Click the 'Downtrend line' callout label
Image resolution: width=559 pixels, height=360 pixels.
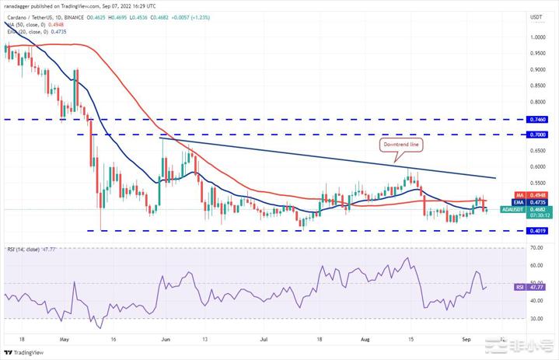pos(401,145)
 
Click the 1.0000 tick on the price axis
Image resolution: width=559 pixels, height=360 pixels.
pos(536,37)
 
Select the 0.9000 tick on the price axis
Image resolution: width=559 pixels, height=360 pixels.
pos(536,69)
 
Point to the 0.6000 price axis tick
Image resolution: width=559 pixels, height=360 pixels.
pos(536,166)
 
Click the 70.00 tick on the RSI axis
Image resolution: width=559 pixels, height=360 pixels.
pos(536,248)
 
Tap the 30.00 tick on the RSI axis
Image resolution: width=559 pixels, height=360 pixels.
pos(536,319)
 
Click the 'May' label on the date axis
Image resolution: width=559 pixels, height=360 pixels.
pos(64,340)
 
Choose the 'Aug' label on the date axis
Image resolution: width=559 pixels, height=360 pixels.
pos(365,340)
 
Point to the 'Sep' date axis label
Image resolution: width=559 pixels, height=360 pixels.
pos(465,340)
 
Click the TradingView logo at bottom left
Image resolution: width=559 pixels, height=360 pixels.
pos(27,351)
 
